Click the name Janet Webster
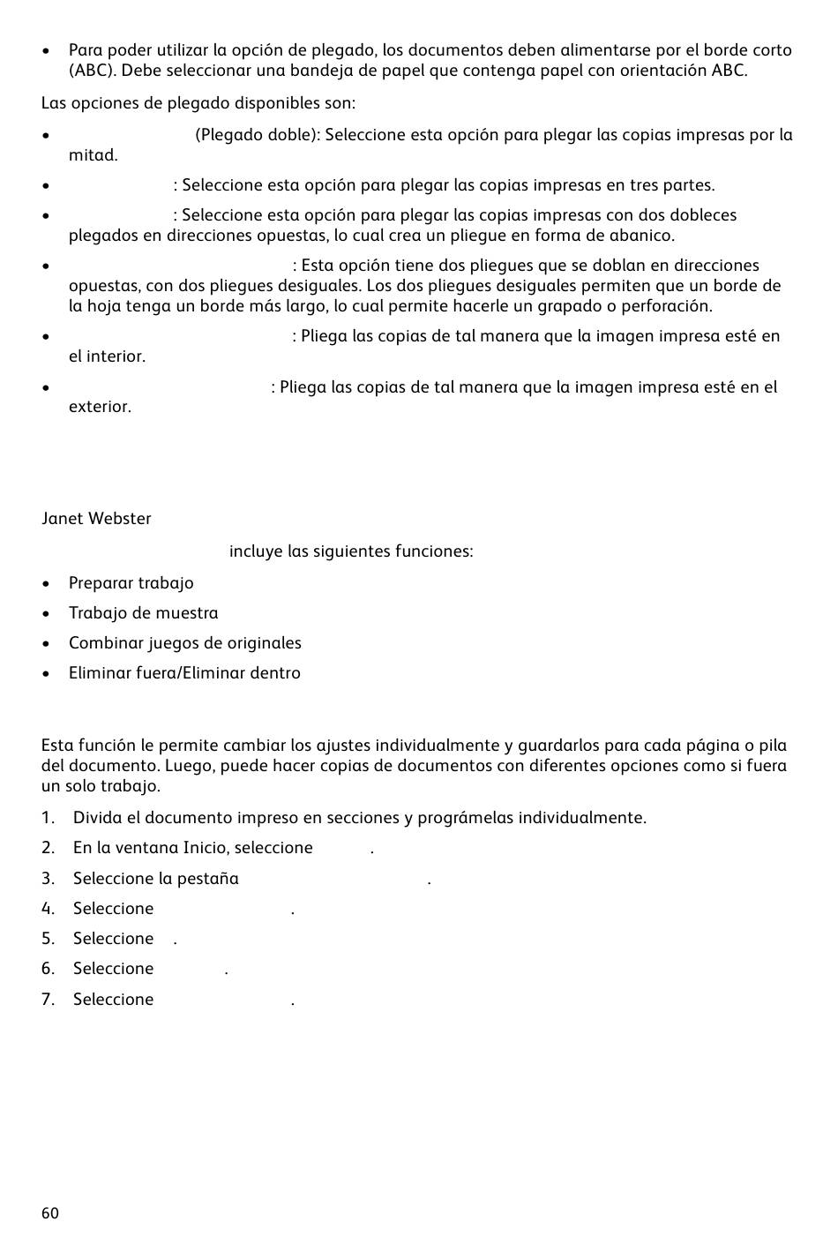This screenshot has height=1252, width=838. pyautogui.click(x=96, y=519)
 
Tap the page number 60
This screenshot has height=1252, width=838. pyautogui.click(x=50, y=1213)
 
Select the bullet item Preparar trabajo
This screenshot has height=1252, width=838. pyautogui.click(x=131, y=583)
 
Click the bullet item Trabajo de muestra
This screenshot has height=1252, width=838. pyautogui.click(x=143, y=613)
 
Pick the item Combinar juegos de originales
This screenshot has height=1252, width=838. pyautogui.click(x=184, y=643)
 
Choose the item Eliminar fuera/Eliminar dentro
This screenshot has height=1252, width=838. pyautogui.click(x=184, y=673)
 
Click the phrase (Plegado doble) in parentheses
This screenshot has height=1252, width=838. pyautogui.click(x=257, y=135)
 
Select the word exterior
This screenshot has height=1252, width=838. pyautogui.click(x=100, y=407)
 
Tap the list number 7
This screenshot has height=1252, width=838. pyautogui.click(x=48, y=1000)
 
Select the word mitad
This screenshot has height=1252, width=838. pyautogui.click(x=93, y=155)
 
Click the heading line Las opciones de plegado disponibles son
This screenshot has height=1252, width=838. pyautogui.click(x=198, y=103)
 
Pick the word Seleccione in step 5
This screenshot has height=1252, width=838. pyautogui.click(x=113, y=939)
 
